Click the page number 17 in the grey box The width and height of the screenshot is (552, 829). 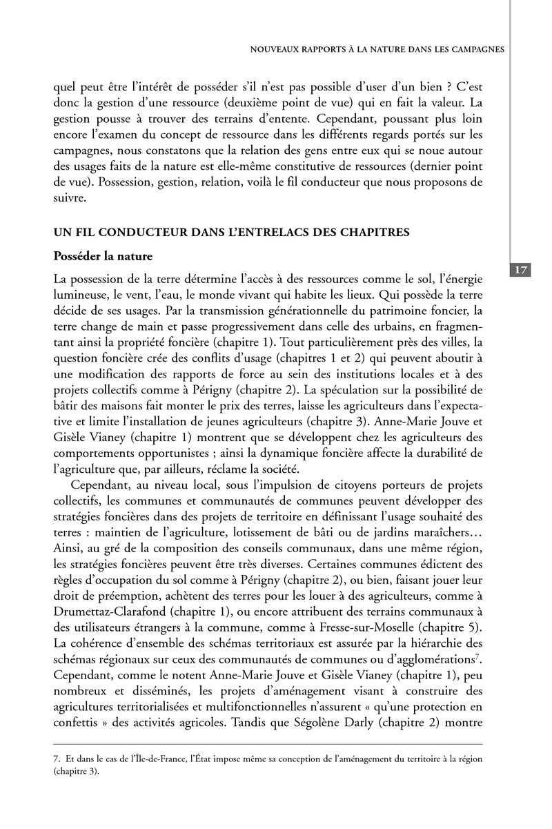522,270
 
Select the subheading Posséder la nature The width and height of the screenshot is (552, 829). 103,255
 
